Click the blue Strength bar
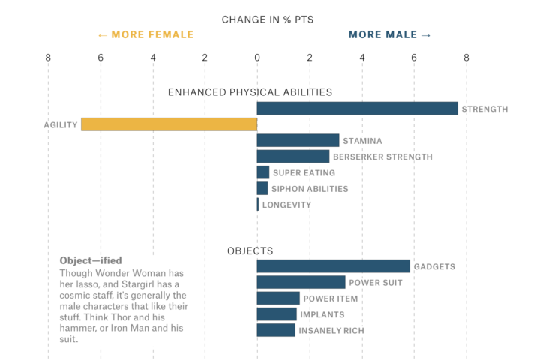tap(357, 109)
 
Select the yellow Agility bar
tap(169, 124)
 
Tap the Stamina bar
tap(298, 140)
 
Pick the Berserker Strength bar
tap(293, 157)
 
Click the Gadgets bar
tap(333, 266)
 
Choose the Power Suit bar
tap(301, 282)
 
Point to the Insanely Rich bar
tap(276, 330)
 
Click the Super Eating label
tap(304, 173)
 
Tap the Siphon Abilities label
tap(310, 189)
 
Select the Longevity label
tap(286, 205)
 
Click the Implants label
tap(322, 314)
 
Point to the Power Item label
tap(331, 298)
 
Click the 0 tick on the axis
tap(257, 57)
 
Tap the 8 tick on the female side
tap(48, 57)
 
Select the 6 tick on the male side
tap(414, 57)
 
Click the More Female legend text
tap(145, 34)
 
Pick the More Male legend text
tap(390, 34)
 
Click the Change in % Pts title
tap(268, 19)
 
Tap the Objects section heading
tap(250, 250)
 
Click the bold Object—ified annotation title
tap(91, 261)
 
